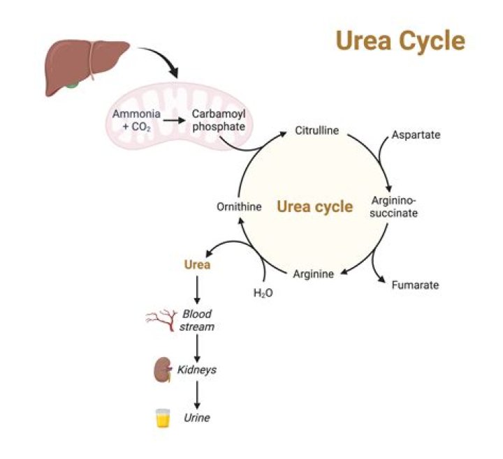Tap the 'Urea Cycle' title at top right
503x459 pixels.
400,40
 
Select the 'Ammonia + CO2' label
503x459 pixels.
136,119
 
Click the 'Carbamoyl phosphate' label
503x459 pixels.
218,119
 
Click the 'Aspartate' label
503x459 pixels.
416,135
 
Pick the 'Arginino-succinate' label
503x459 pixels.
395,207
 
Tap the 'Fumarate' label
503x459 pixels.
415,285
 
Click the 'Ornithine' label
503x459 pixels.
238,206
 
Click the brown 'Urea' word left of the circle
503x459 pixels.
197,265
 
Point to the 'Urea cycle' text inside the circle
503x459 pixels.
314,206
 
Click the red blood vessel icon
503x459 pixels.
160,320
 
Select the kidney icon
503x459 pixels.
163,370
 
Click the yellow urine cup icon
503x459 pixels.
163,418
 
